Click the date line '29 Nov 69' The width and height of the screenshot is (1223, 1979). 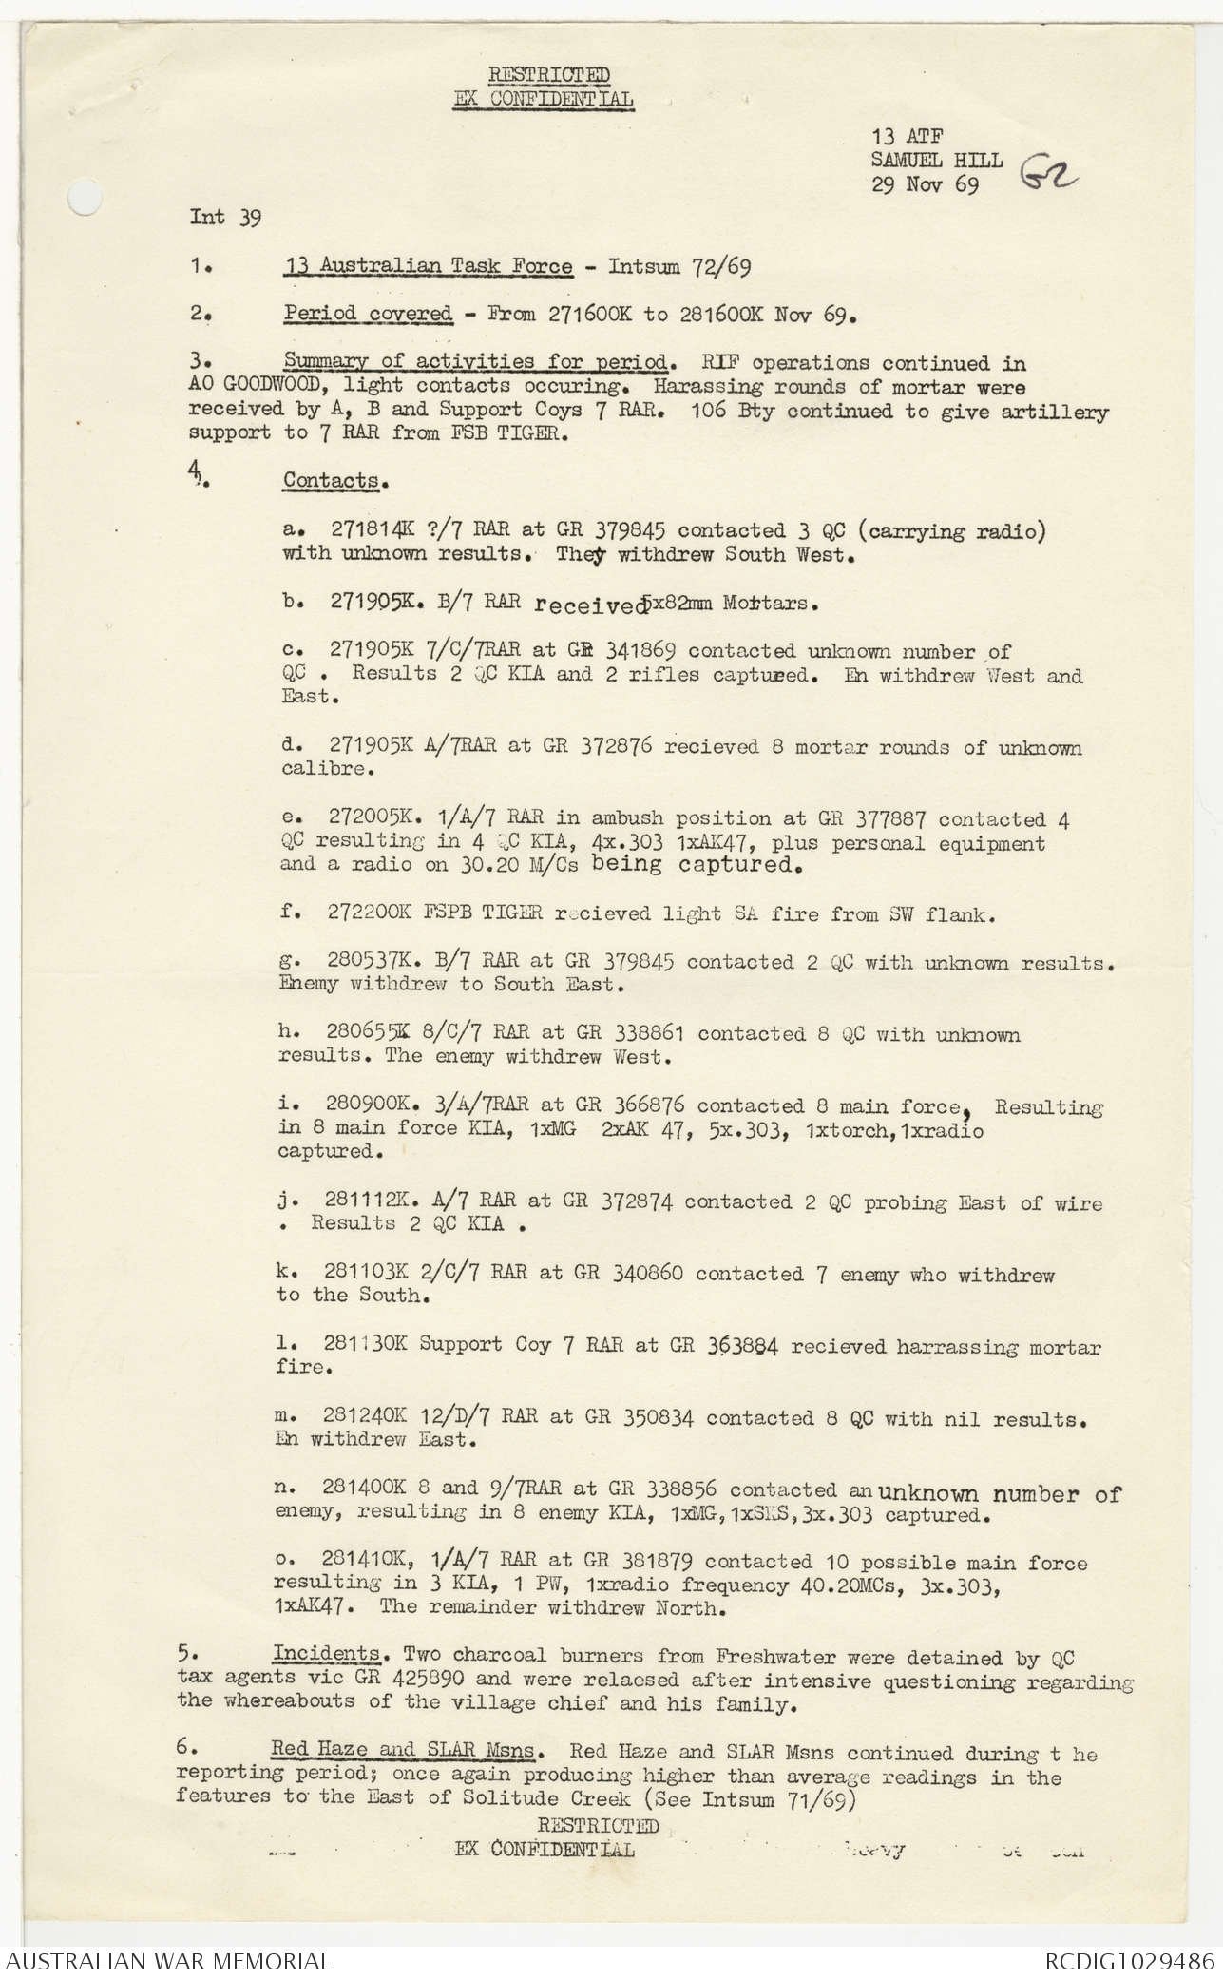(x=925, y=184)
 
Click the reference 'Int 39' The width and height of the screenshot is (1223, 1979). (x=225, y=217)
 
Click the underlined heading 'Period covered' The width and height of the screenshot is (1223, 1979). (x=368, y=315)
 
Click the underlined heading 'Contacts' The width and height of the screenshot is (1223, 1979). (x=330, y=480)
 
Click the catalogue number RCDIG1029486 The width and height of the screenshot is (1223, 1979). (x=1129, y=1961)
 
